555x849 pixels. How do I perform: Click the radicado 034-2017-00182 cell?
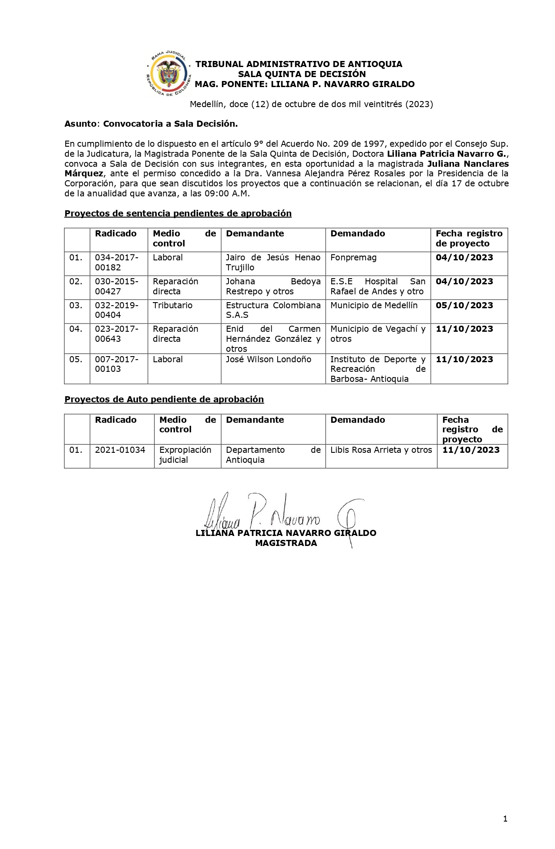[x=116, y=263]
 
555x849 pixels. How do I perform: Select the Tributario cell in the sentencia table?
[x=172, y=305]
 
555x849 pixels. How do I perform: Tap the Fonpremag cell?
[x=353, y=258]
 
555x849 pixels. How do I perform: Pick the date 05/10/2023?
[x=464, y=305]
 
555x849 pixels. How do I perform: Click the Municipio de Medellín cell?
[x=373, y=305]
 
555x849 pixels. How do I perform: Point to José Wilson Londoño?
[x=268, y=359]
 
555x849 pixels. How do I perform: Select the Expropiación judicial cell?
[x=185, y=455]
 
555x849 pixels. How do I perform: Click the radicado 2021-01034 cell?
[x=120, y=450]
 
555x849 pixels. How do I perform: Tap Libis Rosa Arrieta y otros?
[x=381, y=450]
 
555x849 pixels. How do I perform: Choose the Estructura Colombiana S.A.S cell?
[x=273, y=310]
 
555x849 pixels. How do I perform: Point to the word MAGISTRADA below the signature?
[x=286, y=543]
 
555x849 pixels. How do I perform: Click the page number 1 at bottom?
[x=505, y=819]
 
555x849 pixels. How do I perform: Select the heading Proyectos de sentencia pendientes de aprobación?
[x=178, y=213]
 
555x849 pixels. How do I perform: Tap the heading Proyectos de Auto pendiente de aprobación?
[x=164, y=399]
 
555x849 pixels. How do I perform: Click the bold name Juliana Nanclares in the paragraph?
[x=468, y=164]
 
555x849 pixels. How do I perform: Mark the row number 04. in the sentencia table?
[x=76, y=329]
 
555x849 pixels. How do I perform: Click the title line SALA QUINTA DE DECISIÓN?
[x=302, y=74]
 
